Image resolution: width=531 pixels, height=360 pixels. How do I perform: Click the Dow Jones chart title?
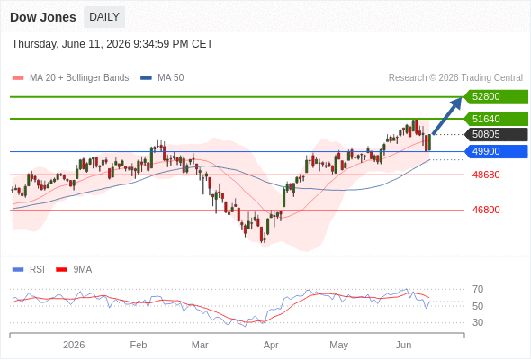click(43, 17)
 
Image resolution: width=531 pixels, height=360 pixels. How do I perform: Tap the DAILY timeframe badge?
click(104, 17)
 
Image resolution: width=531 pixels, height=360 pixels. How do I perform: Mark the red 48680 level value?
click(486, 175)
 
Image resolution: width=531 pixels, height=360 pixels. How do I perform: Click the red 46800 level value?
click(486, 210)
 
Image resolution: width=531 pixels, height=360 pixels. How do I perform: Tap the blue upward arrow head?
click(456, 103)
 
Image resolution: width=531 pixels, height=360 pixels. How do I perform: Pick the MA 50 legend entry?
click(162, 78)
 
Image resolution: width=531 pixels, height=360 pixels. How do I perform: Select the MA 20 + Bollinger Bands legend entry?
click(70, 78)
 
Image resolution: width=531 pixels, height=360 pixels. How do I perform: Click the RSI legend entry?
click(29, 270)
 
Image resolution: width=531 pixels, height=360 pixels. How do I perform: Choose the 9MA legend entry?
click(74, 270)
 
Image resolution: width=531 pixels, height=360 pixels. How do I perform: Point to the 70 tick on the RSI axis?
click(478, 289)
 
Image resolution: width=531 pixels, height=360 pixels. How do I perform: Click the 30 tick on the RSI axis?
click(478, 322)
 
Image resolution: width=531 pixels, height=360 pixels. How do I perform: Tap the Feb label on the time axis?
click(139, 345)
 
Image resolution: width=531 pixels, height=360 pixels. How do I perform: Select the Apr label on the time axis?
click(271, 345)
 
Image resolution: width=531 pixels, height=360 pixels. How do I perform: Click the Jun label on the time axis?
click(404, 345)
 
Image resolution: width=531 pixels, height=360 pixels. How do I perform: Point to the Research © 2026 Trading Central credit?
click(455, 78)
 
